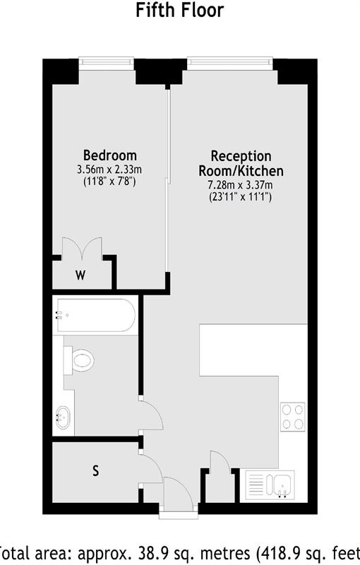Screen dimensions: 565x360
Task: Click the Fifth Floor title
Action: (x=179, y=10)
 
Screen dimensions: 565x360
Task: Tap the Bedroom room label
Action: (x=109, y=155)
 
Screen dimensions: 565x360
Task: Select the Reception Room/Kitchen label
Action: (x=241, y=164)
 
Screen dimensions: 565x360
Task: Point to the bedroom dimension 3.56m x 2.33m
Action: (x=109, y=169)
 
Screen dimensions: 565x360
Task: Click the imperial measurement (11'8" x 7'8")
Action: (x=109, y=182)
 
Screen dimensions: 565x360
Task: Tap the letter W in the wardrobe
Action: (x=80, y=275)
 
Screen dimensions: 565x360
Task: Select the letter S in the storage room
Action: (x=95, y=469)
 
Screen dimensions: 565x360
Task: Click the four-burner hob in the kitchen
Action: (x=293, y=416)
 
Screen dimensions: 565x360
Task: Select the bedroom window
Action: (x=107, y=62)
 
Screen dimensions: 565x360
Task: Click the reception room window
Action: (x=229, y=62)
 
